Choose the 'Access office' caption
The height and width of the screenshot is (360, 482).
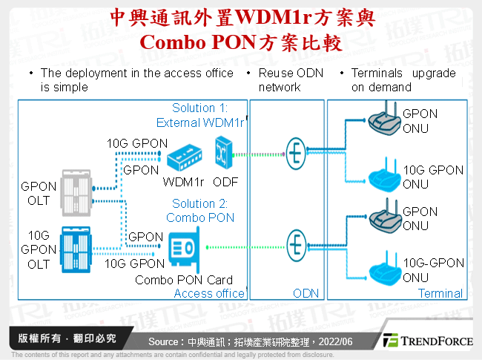click(x=209, y=293)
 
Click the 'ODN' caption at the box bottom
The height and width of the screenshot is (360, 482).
click(x=306, y=293)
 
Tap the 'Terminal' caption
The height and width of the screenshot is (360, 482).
click(x=440, y=293)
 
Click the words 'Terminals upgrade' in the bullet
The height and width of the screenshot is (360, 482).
click(x=403, y=73)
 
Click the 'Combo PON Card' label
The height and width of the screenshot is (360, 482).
click(x=184, y=280)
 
